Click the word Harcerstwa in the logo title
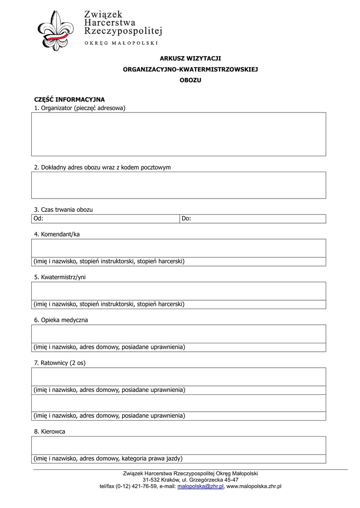(107, 22)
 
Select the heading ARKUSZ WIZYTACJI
(190, 59)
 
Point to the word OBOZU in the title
(190, 80)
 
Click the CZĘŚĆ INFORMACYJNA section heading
(69, 99)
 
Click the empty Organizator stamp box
(179, 134)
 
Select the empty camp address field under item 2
(179, 185)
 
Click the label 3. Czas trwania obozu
(63, 210)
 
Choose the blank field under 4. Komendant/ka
(179, 248)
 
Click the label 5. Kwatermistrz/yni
(60, 277)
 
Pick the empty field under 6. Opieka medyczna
(179, 334)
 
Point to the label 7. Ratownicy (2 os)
(60, 363)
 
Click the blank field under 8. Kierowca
(179, 445)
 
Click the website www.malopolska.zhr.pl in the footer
(254, 487)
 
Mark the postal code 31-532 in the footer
(151, 480)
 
